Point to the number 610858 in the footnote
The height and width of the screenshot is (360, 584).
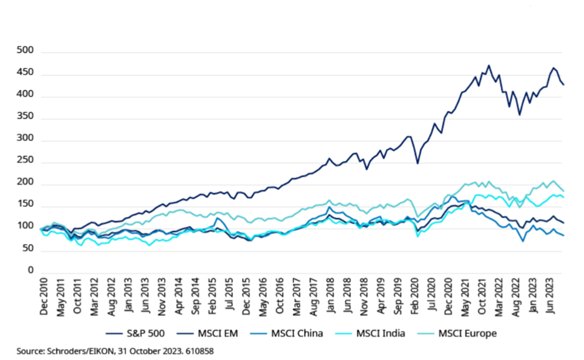(198, 351)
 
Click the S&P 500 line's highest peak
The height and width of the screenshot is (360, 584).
(489, 65)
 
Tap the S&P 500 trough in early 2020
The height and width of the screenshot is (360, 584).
(418, 163)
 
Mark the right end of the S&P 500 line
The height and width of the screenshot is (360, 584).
(563, 85)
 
